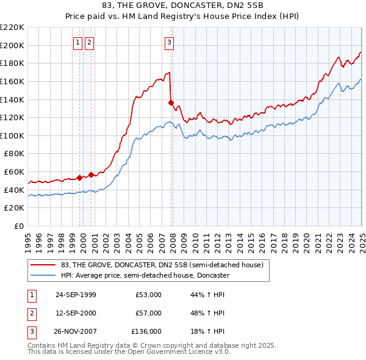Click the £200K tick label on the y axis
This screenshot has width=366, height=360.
pyautogui.click(x=12, y=45)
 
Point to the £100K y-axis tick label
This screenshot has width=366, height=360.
pyautogui.click(x=12, y=135)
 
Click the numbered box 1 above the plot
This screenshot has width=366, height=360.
pyautogui.click(x=78, y=42)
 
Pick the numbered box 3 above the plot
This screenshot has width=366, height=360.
pyautogui.click(x=169, y=42)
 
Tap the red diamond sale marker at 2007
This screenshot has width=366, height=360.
pyautogui.click(x=171, y=103)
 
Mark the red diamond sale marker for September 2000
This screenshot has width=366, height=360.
pyautogui.click(x=91, y=175)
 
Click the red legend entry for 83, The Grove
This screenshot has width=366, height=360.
pyautogui.click(x=162, y=265)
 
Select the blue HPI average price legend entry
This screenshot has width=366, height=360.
pyautogui.click(x=145, y=275)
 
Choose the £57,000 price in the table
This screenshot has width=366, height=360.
pyautogui.click(x=148, y=313)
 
